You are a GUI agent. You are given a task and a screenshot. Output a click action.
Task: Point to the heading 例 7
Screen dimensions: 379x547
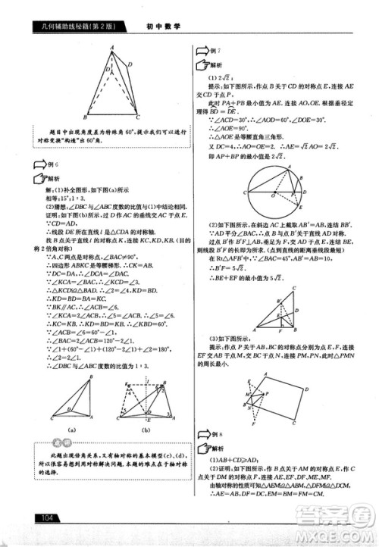[215, 49]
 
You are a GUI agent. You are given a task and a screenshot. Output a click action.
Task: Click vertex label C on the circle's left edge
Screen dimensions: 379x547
[241, 195]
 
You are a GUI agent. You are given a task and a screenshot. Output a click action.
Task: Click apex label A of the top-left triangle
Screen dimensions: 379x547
[111, 47]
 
